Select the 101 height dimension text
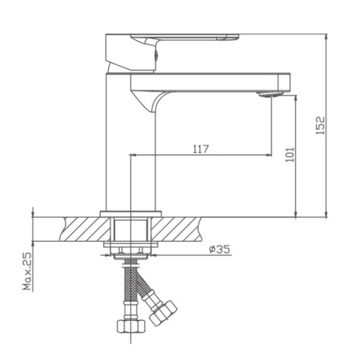coord(289,154)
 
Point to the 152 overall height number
coord(320,126)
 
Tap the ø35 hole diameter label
coord(219,250)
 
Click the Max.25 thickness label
coord(26,271)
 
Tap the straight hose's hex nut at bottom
coord(127,326)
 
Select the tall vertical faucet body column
coord(118,144)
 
